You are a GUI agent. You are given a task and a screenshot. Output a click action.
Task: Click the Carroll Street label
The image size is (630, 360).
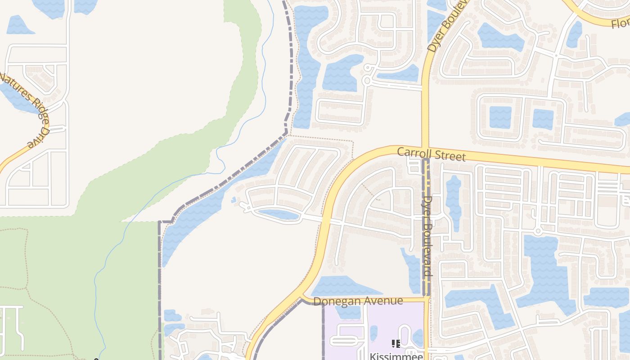tap(431, 154)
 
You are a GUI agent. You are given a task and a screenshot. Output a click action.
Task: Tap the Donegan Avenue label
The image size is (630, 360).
tap(358, 301)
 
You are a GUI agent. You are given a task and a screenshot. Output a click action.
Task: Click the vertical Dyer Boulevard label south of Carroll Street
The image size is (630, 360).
tap(428, 236)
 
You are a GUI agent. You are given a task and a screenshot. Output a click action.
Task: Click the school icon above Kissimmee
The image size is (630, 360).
tap(396, 344)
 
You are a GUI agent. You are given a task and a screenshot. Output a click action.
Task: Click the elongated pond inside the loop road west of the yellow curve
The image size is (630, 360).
tap(278, 215)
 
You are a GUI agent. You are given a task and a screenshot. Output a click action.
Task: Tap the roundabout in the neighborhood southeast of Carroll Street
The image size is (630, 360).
tap(538, 231)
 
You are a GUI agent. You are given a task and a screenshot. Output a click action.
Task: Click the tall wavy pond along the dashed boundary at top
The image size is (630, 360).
tap(306, 67)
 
